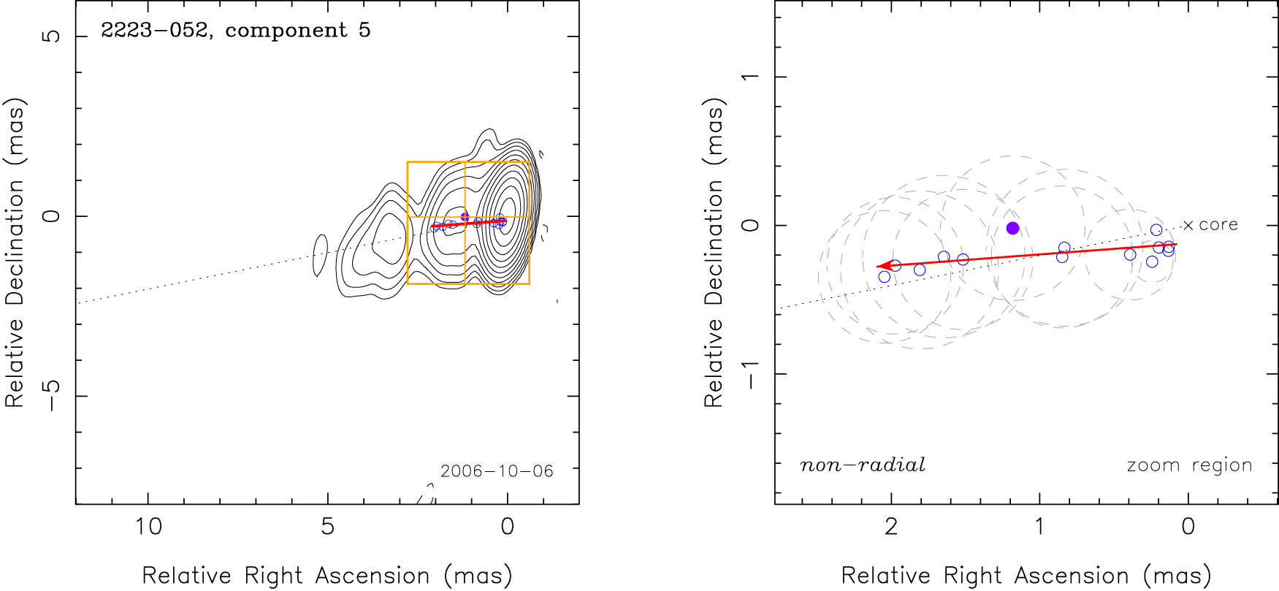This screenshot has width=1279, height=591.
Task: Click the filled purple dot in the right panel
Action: pyautogui.click(x=1012, y=228)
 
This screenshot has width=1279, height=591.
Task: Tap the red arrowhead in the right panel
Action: pyautogui.click(x=882, y=266)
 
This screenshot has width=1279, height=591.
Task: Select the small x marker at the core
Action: pyautogui.click(x=1188, y=226)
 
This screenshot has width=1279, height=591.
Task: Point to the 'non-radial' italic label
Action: pyautogui.click(x=862, y=465)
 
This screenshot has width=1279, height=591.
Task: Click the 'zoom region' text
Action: pyautogui.click(x=1189, y=465)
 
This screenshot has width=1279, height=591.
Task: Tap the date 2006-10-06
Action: pyautogui.click(x=497, y=471)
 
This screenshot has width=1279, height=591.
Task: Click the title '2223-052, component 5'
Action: pyautogui.click(x=235, y=31)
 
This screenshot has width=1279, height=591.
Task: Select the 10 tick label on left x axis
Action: pyautogui.click(x=148, y=526)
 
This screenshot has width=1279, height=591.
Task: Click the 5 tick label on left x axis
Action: pyautogui.click(x=328, y=526)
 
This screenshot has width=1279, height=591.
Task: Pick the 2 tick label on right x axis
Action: pyautogui.click(x=891, y=526)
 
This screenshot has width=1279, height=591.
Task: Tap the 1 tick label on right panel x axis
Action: pyautogui.click(x=1039, y=526)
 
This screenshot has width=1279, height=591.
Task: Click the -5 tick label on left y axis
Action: pyautogui.click(x=52, y=395)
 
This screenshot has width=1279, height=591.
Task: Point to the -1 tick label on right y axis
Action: pyautogui.click(x=751, y=373)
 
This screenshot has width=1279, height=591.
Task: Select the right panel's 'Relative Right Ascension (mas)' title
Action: pyautogui.click(x=1026, y=576)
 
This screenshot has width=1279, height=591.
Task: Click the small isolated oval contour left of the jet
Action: pyautogui.click(x=320, y=256)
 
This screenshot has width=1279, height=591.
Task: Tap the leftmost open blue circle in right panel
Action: pyautogui.click(x=885, y=277)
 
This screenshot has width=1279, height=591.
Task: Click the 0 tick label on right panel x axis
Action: pyautogui.click(x=1188, y=526)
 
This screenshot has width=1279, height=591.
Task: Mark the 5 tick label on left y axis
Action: pyautogui.click(x=52, y=36)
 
